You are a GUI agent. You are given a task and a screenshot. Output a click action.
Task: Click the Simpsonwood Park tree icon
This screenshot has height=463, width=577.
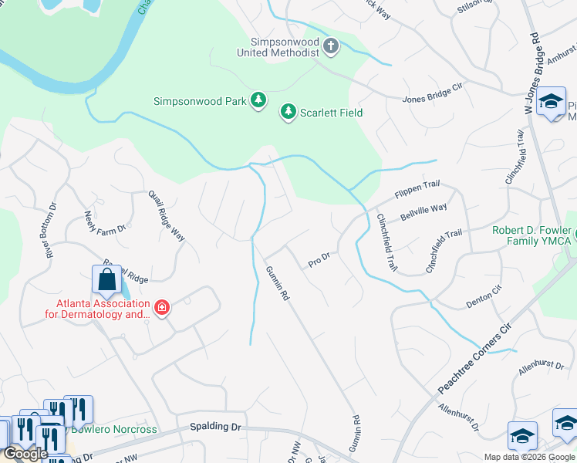(258, 101)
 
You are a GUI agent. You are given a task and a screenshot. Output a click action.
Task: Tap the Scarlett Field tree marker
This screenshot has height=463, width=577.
(288, 113)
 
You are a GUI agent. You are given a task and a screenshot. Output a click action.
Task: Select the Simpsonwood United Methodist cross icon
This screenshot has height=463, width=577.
(331, 46)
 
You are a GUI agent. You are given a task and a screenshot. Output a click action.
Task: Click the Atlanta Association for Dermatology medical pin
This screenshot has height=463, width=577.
(162, 309)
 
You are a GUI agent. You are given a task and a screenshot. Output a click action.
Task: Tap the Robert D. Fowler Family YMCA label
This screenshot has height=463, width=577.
(531, 236)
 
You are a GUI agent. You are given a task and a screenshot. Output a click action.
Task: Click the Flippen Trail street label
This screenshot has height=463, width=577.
(417, 188)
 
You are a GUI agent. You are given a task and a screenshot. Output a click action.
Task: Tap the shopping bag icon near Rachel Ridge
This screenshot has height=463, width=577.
(106, 279)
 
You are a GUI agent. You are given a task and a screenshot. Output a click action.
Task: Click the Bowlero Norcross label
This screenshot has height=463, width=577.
(114, 429)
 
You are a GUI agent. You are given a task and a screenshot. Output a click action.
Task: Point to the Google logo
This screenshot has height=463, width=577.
(25, 454)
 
